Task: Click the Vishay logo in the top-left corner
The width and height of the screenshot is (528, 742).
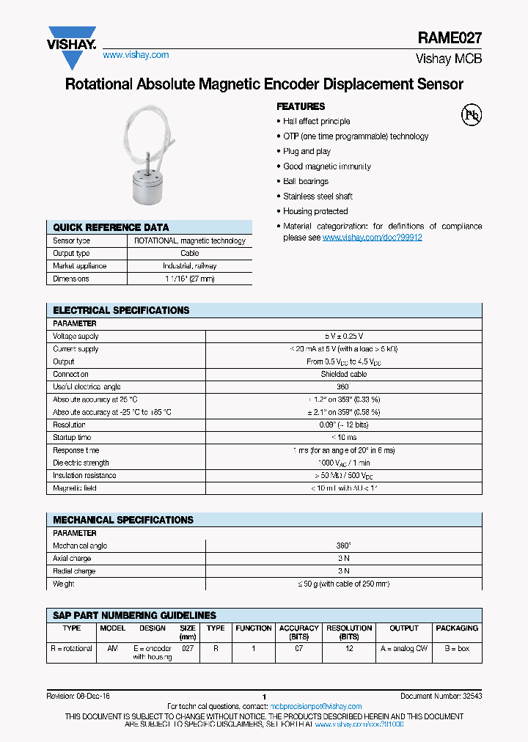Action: (71, 37)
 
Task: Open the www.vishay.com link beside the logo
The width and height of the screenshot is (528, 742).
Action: (136, 55)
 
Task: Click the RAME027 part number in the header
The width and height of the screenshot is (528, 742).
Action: (450, 38)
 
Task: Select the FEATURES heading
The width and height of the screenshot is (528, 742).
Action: (301, 106)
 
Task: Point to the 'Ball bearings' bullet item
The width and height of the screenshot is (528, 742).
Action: (306, 181)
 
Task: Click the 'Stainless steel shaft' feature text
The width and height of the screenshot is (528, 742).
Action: (318, 196)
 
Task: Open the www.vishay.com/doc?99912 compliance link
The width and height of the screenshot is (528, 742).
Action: (372, 238)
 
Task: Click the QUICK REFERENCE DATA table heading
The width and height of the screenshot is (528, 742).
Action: (111, 227)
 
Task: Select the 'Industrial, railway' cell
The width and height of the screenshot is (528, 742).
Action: (189, 266)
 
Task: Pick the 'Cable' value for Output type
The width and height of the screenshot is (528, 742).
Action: (189, 254)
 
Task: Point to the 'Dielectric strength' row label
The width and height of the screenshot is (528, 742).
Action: (81, 463)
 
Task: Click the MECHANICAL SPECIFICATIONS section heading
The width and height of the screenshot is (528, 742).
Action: (123, 520)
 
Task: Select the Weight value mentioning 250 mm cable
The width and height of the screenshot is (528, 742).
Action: (343, 584)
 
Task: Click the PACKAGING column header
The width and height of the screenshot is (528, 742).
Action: (456, 628)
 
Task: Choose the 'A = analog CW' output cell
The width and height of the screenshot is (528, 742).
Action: (403, 648)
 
